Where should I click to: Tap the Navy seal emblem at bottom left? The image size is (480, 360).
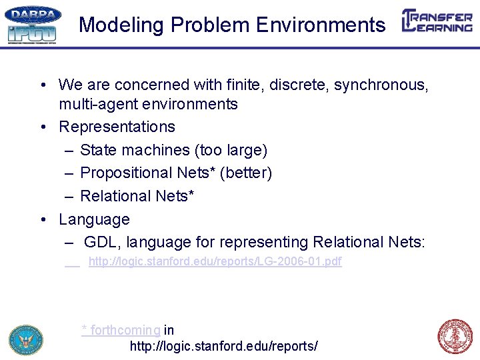click(x=25, y=339)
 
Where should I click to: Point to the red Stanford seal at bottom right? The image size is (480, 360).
click(x=455, y=337)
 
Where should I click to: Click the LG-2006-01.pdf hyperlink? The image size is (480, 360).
click(x=215, y=261)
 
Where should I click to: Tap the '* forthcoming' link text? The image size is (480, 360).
click(x=121, y=330)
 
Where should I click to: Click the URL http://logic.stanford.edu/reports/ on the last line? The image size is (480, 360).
click(x=223, y=346)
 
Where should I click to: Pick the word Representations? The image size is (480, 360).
click(x=117, y=127)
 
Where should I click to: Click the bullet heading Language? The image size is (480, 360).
click(x=94, y=219)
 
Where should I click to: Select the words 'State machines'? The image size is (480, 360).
click(x=135, y=150)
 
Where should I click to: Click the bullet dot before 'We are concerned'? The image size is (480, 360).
click(x=42, y=85)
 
